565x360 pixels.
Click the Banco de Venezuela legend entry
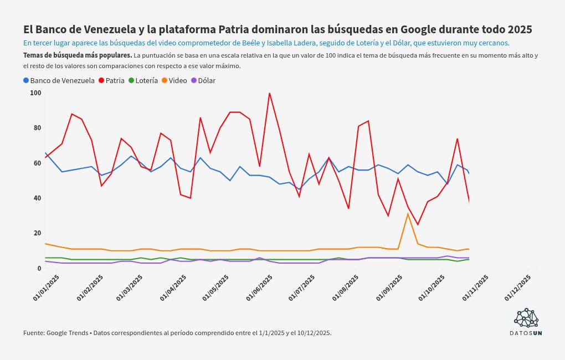point(59,80)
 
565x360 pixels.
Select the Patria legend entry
point(111,80)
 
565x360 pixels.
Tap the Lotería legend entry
point(143,80)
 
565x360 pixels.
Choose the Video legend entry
point(174,80)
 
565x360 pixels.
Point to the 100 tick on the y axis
point(36,93)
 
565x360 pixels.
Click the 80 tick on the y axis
point(37,128)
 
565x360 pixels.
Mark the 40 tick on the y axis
point(37,198)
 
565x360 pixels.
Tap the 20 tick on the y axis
point(37,233)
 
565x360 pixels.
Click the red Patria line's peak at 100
point(269,93)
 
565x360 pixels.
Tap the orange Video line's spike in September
point(408,214)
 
